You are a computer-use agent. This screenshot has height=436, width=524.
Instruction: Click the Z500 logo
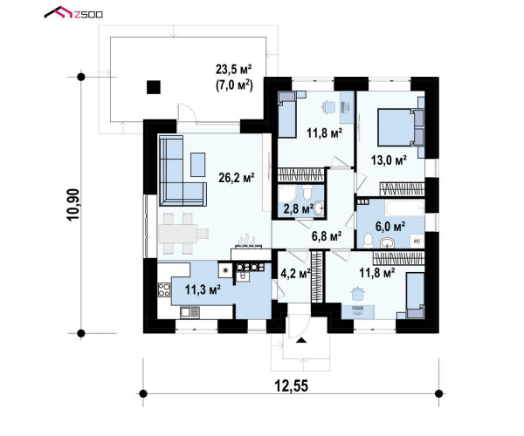click(x=73, y=13)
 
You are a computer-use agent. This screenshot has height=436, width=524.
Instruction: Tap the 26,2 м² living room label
click(x=237, y=178)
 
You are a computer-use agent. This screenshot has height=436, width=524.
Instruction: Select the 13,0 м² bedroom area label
click(x=389, y=160)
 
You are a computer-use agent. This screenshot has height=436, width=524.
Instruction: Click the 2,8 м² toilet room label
click(x=298, y=209)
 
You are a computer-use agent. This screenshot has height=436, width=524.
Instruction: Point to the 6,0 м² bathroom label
click(x=390, y=227)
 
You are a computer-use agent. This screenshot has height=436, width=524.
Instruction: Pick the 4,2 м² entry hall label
click(x=295, y=274)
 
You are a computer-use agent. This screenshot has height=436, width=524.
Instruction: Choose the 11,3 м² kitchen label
click(x=203, y=290)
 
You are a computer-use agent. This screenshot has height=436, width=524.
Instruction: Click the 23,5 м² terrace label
click(x=233, y=70)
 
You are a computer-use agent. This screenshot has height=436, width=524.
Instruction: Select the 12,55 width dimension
click(x=291, y=386)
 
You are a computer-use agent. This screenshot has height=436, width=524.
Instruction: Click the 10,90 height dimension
click(x=73, y=205)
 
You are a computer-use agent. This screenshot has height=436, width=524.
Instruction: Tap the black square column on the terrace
click(x=154, y=87)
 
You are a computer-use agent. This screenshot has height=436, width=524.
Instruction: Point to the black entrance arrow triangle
click(x=301, y=340)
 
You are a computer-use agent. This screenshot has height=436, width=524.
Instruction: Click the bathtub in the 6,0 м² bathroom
click(x=404, y=208)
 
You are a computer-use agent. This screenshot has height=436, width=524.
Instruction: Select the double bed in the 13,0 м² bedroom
click(x=401, y=127)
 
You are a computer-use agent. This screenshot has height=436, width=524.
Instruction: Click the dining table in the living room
click(x=183, y=233)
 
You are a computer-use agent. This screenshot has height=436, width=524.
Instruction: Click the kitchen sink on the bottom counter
click(x=190, y=312)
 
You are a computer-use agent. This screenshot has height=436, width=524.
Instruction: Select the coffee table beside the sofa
click(x=198, y=165)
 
